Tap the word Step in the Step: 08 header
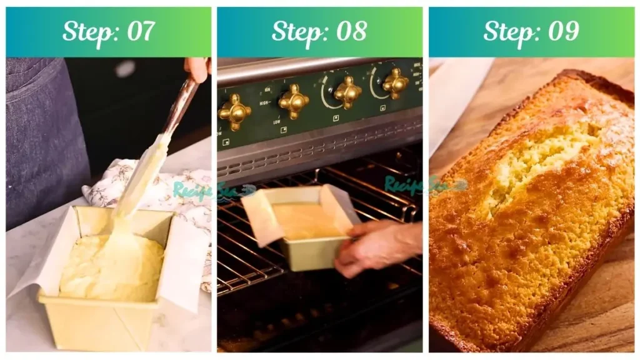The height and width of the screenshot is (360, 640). tap(295, 31)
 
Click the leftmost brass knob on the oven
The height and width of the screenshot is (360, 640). tap(235, 112)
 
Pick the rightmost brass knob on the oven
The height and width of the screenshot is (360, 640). tap(396, 83)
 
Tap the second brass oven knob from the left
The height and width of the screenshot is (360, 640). tap(294, 101)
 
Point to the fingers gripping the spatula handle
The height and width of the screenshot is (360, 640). tap(197, 69)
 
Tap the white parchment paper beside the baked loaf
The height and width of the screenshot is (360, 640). tap(456, 100)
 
